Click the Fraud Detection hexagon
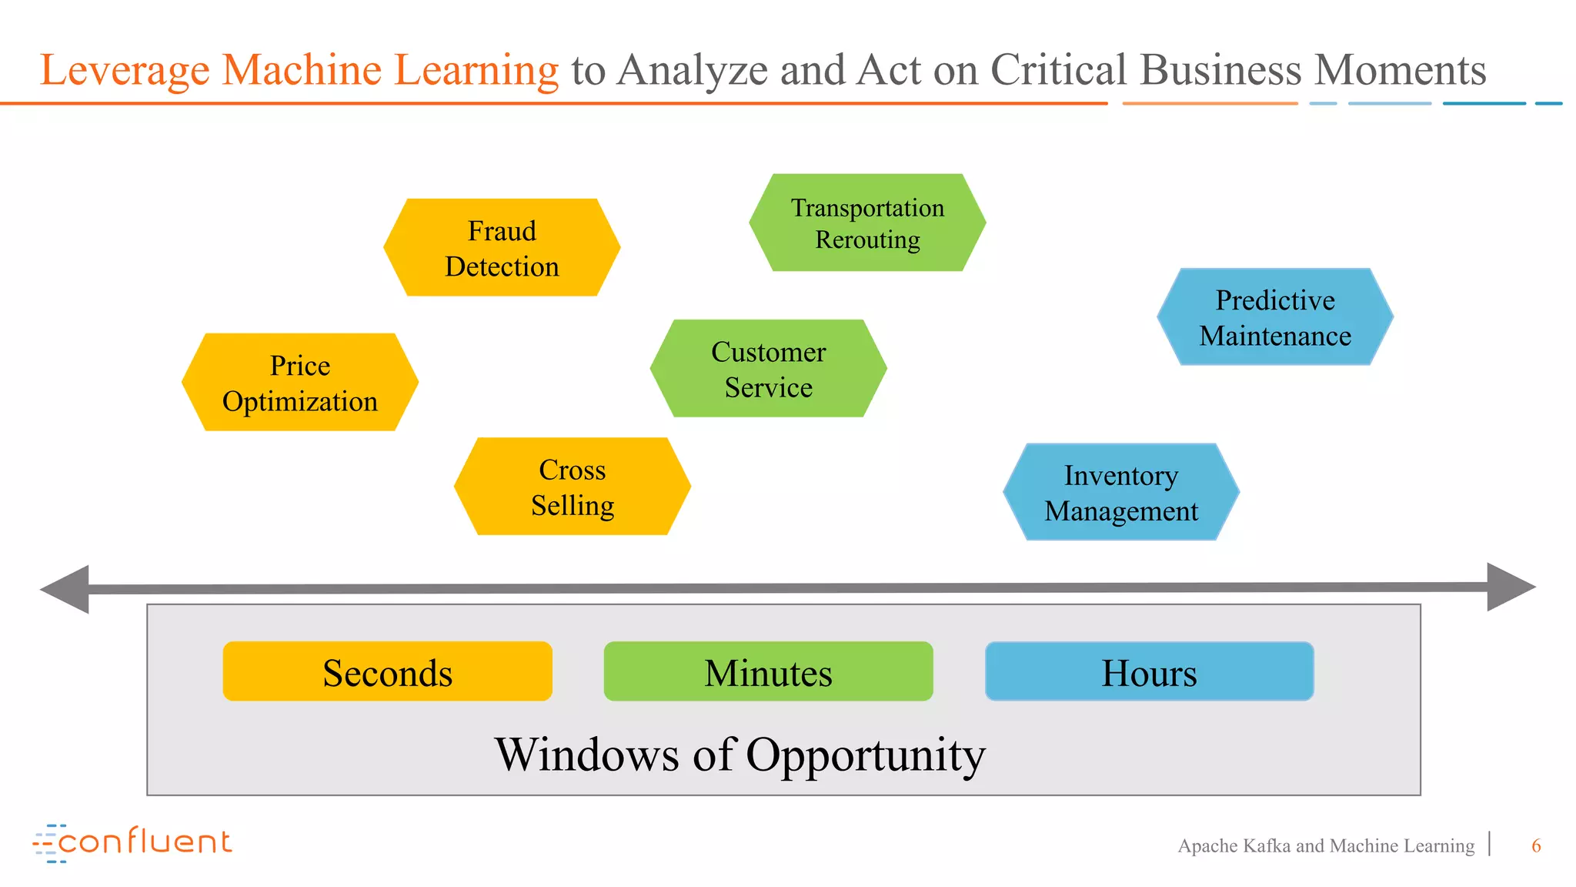click(502, 248)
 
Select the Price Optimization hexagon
click(300, 383)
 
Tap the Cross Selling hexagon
click(573, 487)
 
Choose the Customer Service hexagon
click(768, 369)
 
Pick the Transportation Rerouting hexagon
click(867, 223)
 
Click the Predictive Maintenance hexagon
click(1275, 317)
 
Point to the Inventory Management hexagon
click(1121, 492)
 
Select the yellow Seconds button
click(387, 672)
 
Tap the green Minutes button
click(768, 672)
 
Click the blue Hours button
click(1149, 672)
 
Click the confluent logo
click(132, 842)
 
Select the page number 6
click(1536, 846)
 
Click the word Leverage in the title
click(125, 71)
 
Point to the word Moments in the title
click(1400, 70)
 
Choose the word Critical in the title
click(1058, 70)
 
